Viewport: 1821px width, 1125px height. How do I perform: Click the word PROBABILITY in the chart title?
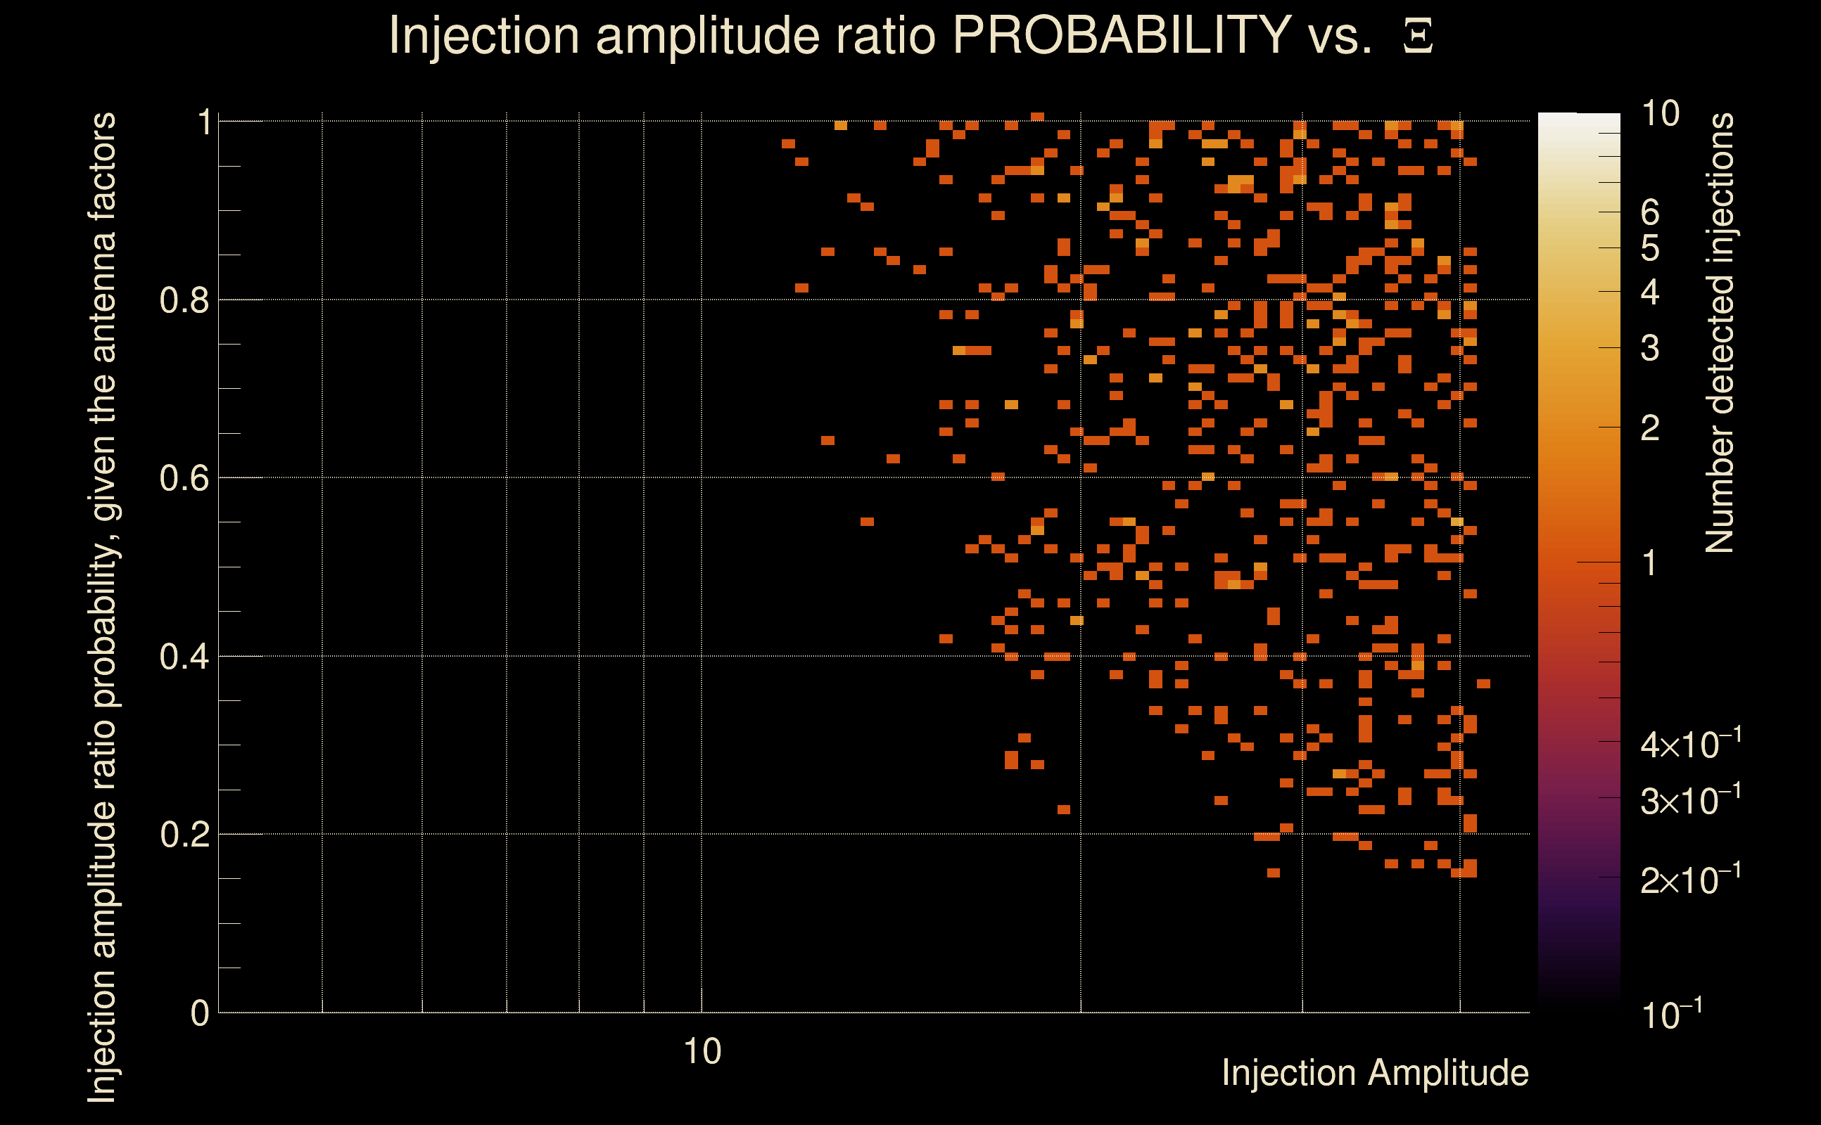(x=1122, y=35)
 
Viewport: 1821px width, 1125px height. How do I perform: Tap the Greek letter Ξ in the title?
(x=1418, y=37)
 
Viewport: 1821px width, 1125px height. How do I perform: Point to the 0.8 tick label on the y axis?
(x=184, y=301)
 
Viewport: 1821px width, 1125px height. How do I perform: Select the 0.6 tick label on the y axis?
(x=184, y=478)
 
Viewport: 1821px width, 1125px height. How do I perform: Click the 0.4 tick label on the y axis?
(x=184, y=657)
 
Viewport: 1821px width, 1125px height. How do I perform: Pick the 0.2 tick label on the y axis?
(x=184, y=835)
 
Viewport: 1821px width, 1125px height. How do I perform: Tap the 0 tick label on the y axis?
(x=200, y=1013)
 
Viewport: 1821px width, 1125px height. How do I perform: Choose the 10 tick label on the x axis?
(x=702, y=1052)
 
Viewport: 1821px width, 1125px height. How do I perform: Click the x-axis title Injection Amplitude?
(x=1375, y=1073)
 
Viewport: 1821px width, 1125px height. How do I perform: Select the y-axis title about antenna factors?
(x=102, y=607)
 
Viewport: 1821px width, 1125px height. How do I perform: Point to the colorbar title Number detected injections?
(x=1719, y=333)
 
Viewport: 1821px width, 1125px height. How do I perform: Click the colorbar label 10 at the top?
(x=1659, y=114)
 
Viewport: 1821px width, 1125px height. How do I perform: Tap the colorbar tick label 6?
(x=1650, y=213)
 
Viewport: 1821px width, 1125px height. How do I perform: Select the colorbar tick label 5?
(x=1650, y=248)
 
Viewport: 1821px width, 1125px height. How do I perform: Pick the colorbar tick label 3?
(x=1650, y=348)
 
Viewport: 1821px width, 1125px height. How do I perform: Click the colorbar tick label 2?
(x=1650, y=427)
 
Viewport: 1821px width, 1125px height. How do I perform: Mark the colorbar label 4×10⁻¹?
(x=1690, y=744)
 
